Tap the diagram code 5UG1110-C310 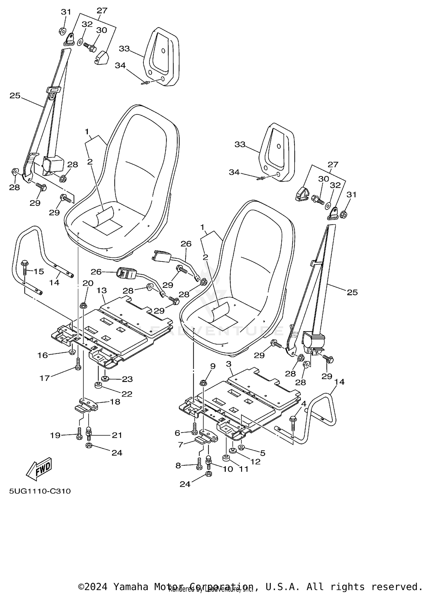(x=40, y=491)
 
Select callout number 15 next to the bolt (x=39, y=271)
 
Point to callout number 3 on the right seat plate (x=228, y=364)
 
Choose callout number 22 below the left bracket (x=127, y=394)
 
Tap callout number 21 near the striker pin (x=117, y=435)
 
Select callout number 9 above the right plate (x=213, y=366)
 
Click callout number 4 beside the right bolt (x=303, y=404)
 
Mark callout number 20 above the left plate (x=88, y=283)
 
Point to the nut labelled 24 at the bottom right (x=208, y=474)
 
